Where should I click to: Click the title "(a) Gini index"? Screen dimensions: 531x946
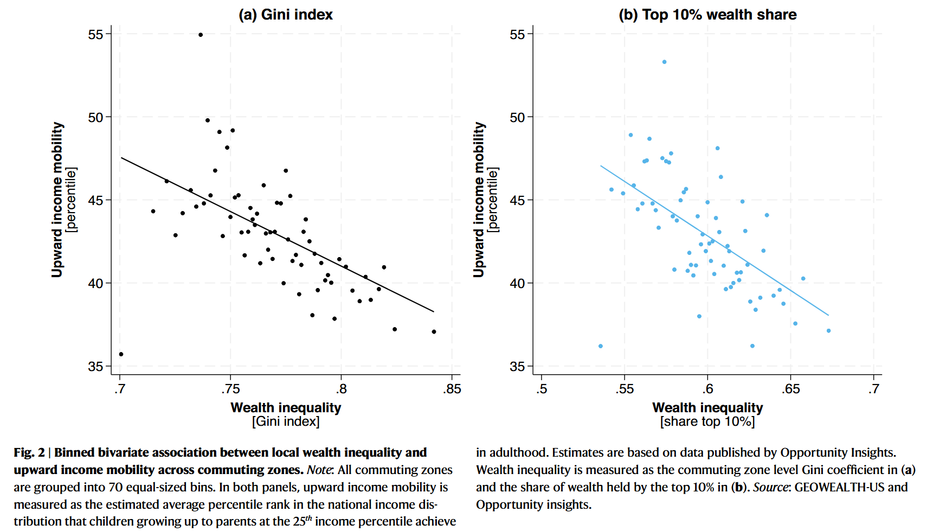pyautogui.click(x=286, y=15)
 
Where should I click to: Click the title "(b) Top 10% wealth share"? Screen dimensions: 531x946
pyautogui.click(x=707, y=15)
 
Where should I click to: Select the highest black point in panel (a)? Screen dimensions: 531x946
pyautogui.click(x=201, y=35)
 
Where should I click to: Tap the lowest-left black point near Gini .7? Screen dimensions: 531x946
pyautogui.click(x=121, y=354)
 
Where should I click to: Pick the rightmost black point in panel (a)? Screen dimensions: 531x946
pyautogui.click(x=434, y=331)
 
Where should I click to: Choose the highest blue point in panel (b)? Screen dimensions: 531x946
pyautogui.click(x=664, y=62)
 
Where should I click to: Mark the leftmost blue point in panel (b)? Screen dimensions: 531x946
pyautogui.click(x=600, y=346)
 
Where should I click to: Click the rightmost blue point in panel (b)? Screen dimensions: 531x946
pyautogui.click(x=828, y=331)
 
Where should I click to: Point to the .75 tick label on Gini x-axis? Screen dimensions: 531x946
pyautogui.click(x=230, y=389)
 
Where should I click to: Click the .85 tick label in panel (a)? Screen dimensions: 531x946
pyautogui.click(x=452, y=389)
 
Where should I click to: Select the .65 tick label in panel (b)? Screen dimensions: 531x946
pyautogui.click(x=790, y=389)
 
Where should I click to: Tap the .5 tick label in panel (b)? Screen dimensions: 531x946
pyautogui.click(x=541, y=389)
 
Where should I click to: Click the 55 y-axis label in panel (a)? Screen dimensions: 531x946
pyautogui.click(x=95, y=35)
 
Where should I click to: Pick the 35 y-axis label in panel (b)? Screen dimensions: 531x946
pyautogui.click(x=517, y=367)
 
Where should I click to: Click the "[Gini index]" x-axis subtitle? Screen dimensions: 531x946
pyautogui.click(x=286, y=421)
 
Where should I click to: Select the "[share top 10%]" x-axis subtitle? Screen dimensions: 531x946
pyautogui.click(x=707, y=421)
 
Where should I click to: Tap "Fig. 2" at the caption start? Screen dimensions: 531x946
pyautogui.click(x=29, y=452)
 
